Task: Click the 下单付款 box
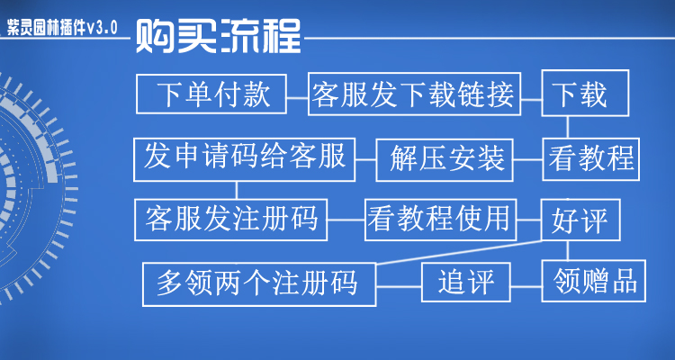coord(212,94)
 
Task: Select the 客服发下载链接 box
coord(413,94)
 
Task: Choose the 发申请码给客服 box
coord(244,158)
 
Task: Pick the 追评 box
coord(466,283)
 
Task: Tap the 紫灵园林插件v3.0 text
coord(61,27)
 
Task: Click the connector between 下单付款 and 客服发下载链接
coord(297,94)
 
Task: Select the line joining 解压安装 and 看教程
coord(527,159)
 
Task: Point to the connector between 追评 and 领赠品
coord(526,283)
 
